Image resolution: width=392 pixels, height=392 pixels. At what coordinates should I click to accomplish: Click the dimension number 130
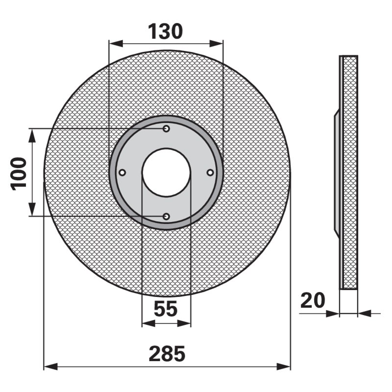click(166, 32)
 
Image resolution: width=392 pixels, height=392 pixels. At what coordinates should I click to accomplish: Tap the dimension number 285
click(167, 354)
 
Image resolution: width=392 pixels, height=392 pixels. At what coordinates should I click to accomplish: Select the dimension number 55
click(166, 309)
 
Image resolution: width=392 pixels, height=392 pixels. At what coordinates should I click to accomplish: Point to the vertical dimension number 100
click(18, 173)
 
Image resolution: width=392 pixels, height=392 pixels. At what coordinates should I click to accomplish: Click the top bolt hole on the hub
click(166, 129)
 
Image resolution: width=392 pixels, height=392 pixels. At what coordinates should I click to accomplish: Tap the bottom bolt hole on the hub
click(166, 217)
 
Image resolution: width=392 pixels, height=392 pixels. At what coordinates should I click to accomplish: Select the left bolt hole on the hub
click(122, 172)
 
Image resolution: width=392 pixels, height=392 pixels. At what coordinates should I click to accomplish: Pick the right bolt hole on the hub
click(210, 172)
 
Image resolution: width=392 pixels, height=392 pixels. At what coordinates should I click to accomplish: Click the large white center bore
click(166, 172)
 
